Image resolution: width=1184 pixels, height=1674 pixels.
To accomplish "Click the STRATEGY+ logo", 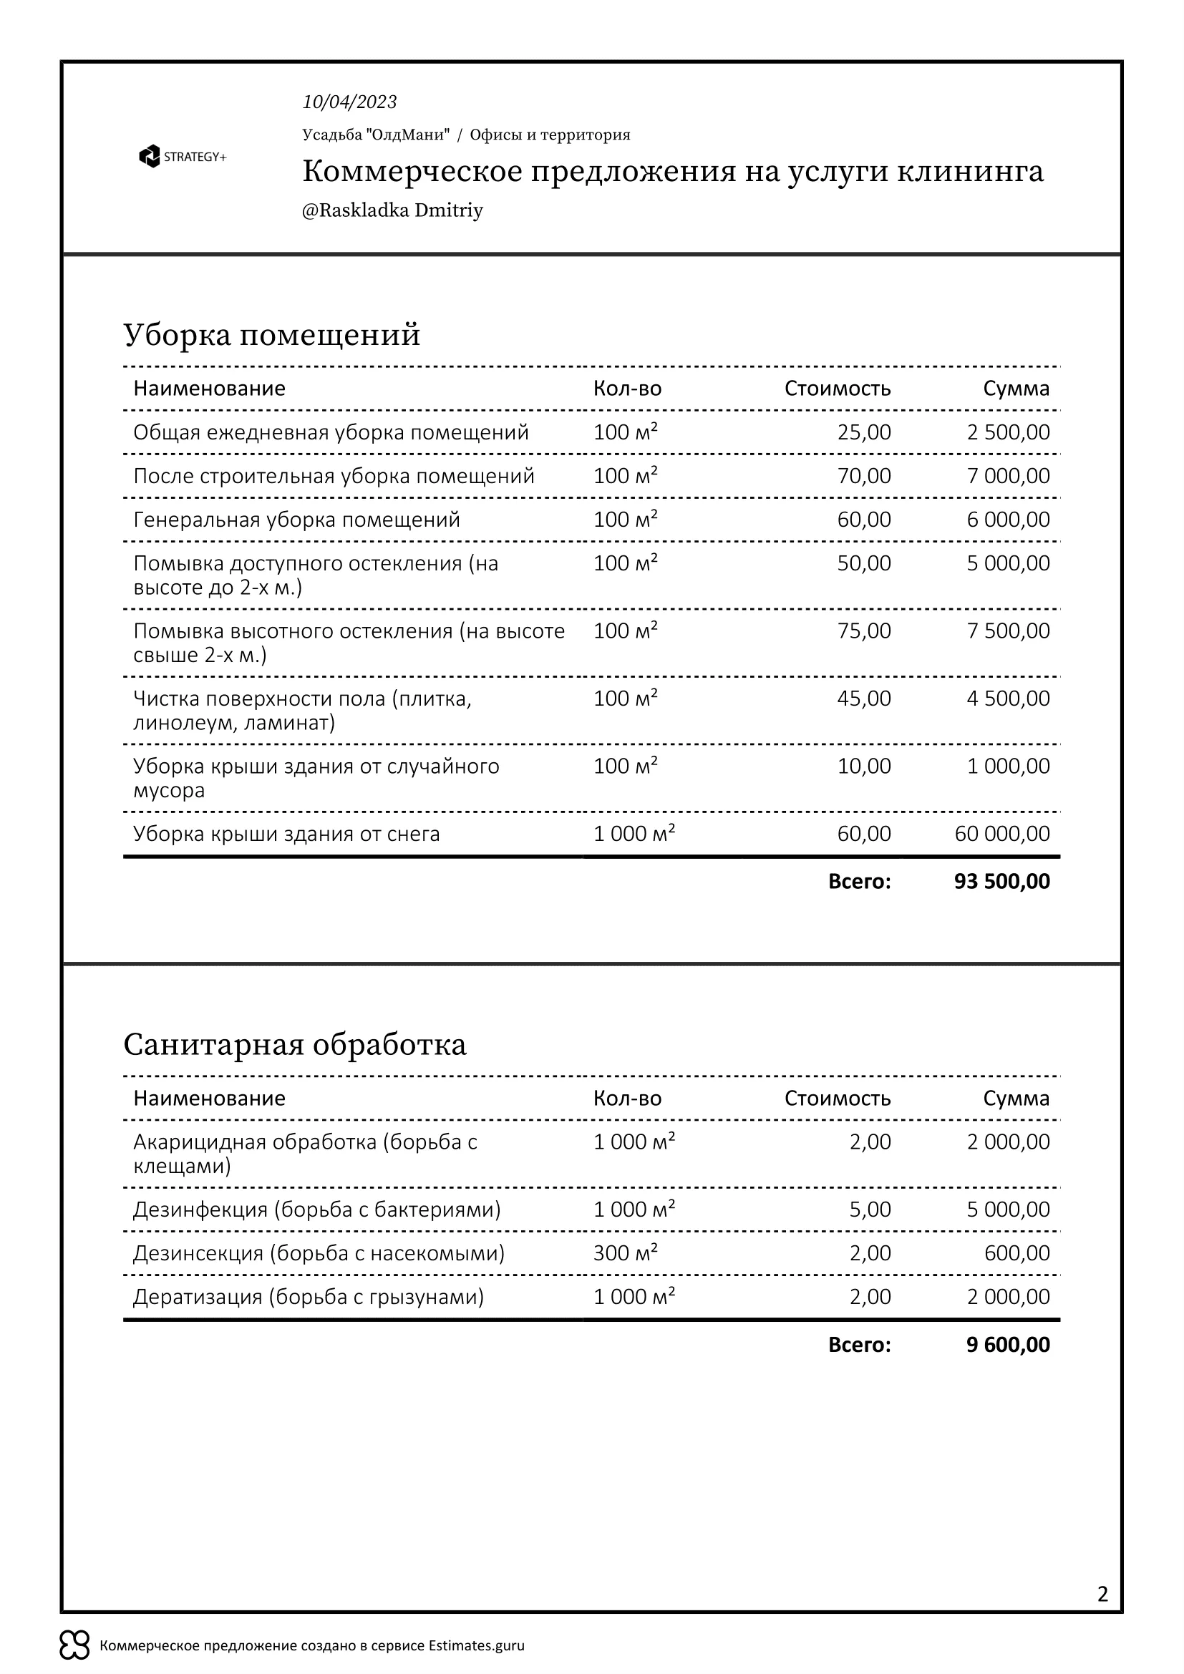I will tap(183, 157).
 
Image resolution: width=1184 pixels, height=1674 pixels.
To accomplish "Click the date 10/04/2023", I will tap(349, 102).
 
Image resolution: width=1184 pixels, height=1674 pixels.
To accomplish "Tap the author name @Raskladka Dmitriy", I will tap(392, 210).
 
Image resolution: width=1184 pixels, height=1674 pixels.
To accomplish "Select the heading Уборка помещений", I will tap(272, 335).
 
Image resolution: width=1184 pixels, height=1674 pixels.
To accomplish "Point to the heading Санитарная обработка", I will tap(294, 1045).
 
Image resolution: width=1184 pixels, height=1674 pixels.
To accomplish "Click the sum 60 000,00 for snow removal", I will tap(1001, 833).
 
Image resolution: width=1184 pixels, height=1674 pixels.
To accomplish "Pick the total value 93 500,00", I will tap(1001, 882).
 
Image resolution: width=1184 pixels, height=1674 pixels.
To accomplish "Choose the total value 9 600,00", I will tap(1008, 1345).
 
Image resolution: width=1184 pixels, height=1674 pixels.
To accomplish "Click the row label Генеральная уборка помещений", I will tap(297, 520).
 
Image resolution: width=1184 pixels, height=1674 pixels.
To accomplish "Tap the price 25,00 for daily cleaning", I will tap(864, 432).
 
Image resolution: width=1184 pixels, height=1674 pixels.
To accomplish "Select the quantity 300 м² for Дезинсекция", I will tap(625, 1252).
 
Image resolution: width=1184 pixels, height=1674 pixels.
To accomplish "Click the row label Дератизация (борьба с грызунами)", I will tap(309, 1296).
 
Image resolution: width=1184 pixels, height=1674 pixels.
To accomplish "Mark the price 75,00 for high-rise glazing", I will tap(864, 631).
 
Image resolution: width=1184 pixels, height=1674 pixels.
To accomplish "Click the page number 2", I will tap(1102, 1594).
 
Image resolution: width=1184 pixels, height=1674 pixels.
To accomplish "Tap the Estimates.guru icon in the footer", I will tap(74, 1645).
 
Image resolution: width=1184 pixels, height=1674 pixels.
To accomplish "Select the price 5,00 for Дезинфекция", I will tap(870, 1209).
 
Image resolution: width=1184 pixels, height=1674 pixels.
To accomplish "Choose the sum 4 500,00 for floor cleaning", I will tap(1009, 699).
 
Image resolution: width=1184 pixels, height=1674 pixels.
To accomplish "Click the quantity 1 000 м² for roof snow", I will tap(634, 833).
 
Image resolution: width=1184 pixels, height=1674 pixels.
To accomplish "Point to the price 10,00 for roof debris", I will tap(864, 767).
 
